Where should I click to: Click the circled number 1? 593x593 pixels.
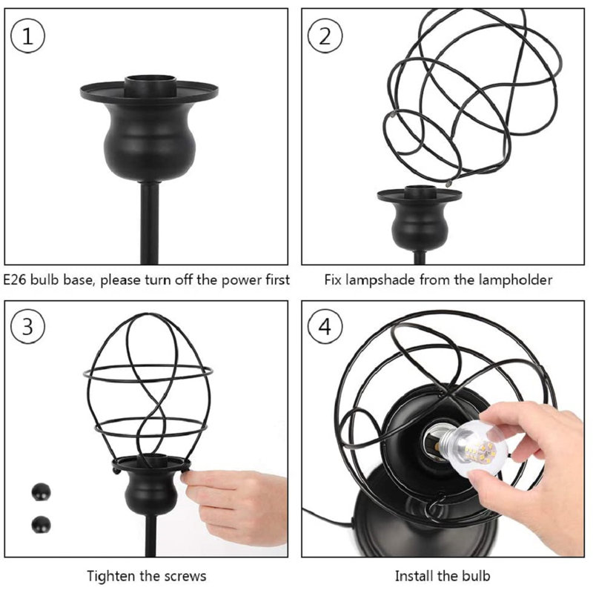coord(27,36)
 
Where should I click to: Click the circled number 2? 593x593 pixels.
coord(325,36)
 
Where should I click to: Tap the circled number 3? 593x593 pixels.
coord(27,326)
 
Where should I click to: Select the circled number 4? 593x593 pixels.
coord(325,326)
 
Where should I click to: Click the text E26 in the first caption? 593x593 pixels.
coord(15,280)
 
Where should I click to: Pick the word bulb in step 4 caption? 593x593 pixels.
coord(476,577)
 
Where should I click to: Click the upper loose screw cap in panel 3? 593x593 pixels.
coord(42,491)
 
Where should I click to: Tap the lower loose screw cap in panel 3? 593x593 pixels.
coord(42,525)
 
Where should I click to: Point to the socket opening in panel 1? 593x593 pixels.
coord(151,79)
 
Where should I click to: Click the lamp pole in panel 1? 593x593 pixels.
coord(150,223)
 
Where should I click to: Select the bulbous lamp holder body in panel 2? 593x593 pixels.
coord(420,226)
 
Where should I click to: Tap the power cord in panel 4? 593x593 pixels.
coord(329,519)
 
